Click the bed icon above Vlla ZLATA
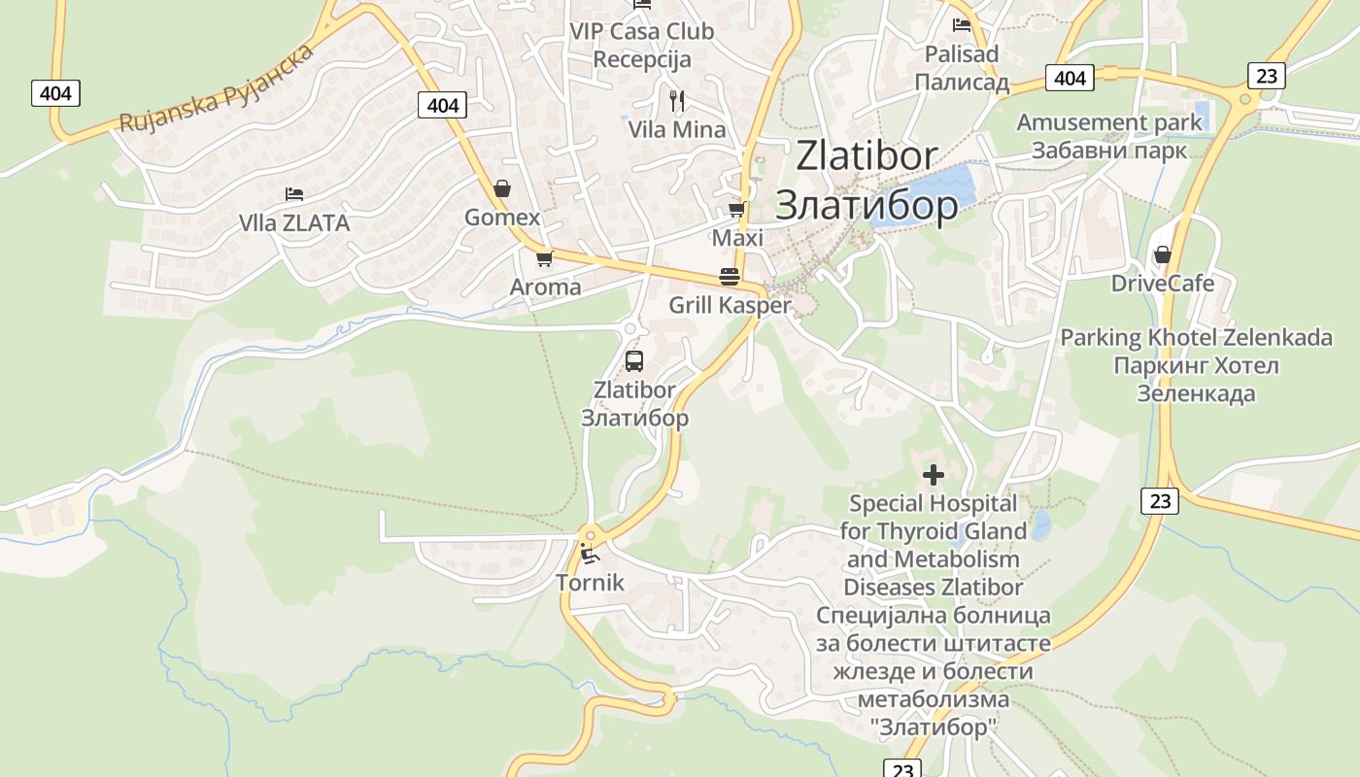point(293,194)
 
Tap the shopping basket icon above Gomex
point(502,187)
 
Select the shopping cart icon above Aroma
point(544,258)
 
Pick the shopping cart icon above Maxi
point(737,209)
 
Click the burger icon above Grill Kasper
point(730,276)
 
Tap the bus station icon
point(634,361)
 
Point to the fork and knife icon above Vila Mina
point(677,100)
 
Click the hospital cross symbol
point(933,475)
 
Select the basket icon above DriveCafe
point(1162,254)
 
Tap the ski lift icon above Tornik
point(589,555)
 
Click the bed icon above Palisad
point(962,25)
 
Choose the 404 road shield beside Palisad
point(1070,78)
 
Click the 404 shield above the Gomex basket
point(442,105)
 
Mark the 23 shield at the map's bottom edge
point(902,769)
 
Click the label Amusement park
point(1109,122)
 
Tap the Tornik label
point(590,583)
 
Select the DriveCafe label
point(1163,283)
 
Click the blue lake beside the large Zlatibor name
point(923,194)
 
